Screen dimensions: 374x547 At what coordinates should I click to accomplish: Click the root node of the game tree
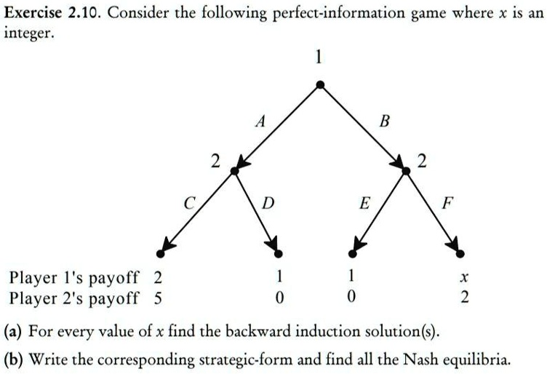(x=320, y=85)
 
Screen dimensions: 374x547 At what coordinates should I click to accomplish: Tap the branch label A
(x=258, y=123)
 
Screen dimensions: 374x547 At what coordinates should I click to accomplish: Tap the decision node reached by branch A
(x=234, y=170)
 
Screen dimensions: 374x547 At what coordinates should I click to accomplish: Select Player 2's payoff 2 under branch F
(x=463, y=298)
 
